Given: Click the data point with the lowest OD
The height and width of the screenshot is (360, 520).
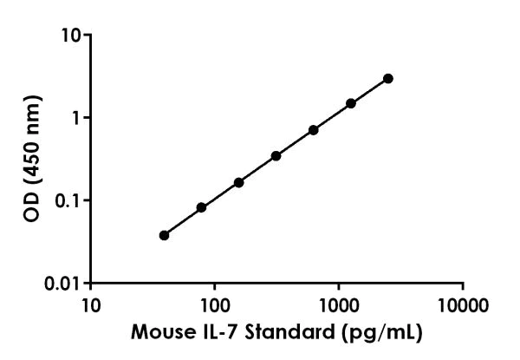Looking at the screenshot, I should point(165,235).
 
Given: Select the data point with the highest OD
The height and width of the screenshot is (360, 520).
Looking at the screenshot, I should point(388,78).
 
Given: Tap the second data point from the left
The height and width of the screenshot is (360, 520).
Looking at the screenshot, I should point(202,207).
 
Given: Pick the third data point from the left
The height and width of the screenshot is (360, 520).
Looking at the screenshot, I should point(239,182).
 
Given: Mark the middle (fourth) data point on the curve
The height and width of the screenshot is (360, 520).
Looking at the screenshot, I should point(276,156).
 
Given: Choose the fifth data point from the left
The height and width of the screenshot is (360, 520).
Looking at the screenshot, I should point(314,130).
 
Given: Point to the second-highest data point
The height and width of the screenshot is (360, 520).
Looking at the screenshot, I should point(351,103).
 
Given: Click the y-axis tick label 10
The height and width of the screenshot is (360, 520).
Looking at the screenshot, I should point(71,36).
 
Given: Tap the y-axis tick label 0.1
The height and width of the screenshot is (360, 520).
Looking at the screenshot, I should point(69,200).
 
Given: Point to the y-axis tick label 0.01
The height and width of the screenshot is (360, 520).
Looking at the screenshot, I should point(65,283).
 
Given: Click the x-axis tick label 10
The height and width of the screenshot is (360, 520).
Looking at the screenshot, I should point(90,304).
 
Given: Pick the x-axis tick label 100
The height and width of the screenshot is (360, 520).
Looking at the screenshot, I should point(214,304).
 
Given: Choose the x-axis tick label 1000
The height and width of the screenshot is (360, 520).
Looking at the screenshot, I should point(338,304).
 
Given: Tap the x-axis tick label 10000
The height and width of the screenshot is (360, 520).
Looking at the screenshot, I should point(463,304).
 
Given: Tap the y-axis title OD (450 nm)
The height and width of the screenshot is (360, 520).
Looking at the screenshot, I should point(32,160).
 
